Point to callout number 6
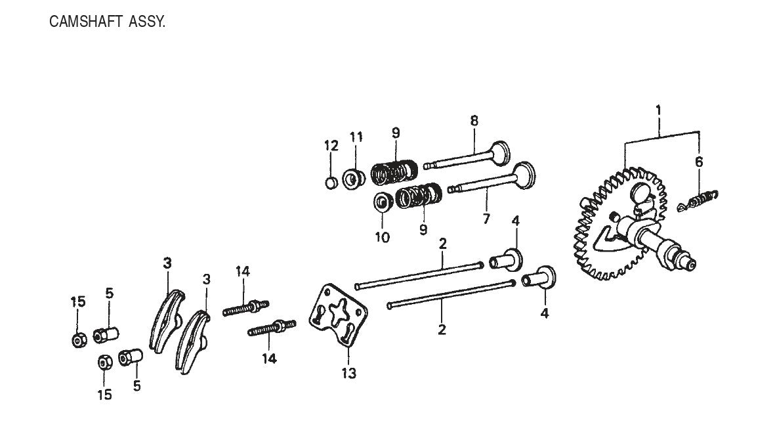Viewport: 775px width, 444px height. point(700,162)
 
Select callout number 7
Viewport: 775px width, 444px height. point(486,219)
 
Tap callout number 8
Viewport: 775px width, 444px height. point(474,121)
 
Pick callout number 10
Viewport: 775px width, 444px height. point(383,236)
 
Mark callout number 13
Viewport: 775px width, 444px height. point(348,374)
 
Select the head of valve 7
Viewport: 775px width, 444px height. point(523,178)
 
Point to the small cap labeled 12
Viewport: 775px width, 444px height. point(332,182)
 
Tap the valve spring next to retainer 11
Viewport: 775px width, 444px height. point(392,173)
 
